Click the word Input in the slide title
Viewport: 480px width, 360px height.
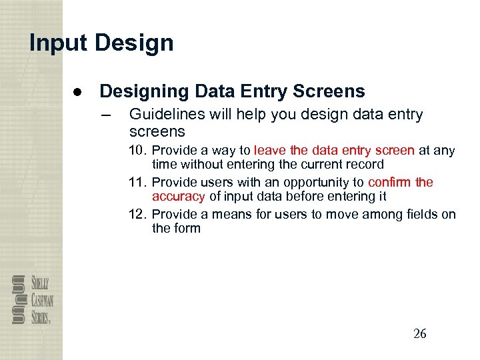[58, 43]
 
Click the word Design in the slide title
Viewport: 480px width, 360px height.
[134, 43]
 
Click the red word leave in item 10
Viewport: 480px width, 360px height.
[270, 151]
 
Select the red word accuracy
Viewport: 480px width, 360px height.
[179, 197]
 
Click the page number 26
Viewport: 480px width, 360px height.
[419, 334]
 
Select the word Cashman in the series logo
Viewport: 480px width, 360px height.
[44, 301]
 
